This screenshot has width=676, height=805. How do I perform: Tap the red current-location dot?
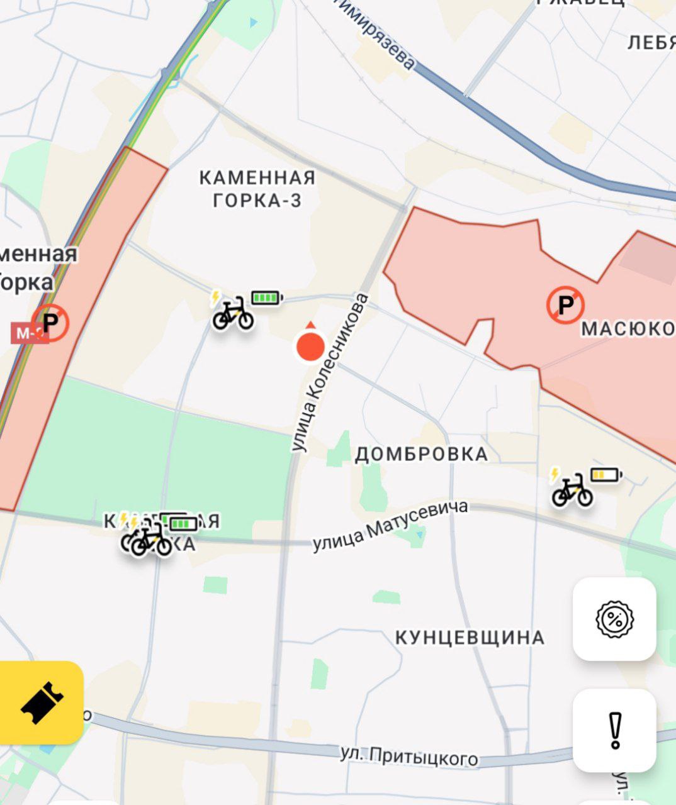pos(310,347)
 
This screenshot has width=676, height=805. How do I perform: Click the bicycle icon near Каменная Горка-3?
pos(233,313)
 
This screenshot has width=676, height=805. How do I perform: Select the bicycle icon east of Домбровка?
pos(572,491)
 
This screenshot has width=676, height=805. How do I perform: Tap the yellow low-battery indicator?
pos(606,474)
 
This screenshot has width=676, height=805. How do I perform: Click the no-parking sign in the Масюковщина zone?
pos(565,306)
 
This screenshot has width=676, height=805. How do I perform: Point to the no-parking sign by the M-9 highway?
pos(50,323)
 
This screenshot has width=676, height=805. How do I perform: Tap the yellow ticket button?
pos(42,702)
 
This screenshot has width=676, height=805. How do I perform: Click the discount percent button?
pos(614,619)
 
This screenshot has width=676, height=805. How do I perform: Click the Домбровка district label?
pos(421,454)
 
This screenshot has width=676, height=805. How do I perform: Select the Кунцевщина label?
pos(470,637)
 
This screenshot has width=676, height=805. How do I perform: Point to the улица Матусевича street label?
pos(390,526)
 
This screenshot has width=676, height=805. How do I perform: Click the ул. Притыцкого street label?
pos(409,756)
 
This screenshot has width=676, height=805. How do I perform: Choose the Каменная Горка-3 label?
pos(257,189)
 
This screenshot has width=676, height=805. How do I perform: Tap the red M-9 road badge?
pos(25,333)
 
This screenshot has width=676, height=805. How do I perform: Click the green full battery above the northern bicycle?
pos(267,297)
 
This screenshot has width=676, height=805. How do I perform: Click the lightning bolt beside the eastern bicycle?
pos(555,474)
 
